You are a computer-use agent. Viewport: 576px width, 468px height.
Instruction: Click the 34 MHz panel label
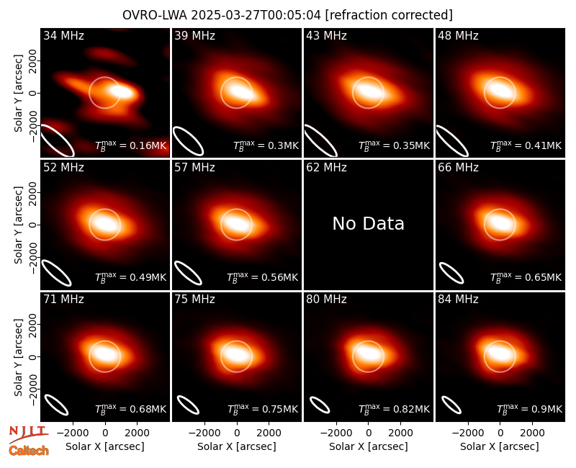point(63,35)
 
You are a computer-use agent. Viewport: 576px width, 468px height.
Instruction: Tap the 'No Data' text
point(368,224)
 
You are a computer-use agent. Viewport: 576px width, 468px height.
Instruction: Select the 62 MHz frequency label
point(326,168)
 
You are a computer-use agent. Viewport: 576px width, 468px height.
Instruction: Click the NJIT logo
point(28,434)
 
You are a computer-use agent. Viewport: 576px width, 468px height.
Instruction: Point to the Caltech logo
point(29,451)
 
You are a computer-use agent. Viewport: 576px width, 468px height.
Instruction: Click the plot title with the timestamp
point(287,15)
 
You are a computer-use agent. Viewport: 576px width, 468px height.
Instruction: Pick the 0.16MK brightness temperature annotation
point(131,145)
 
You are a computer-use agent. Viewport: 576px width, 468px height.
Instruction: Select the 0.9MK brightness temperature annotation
point(529,409)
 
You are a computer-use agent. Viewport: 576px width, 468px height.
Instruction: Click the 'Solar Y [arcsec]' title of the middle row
point(18,225)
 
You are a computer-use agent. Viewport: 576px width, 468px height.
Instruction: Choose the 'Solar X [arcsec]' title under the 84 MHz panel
point(500,446)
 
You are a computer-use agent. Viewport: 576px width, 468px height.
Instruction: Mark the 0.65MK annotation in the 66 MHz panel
point(526,277)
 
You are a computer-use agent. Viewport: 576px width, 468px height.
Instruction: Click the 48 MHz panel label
point(458,35)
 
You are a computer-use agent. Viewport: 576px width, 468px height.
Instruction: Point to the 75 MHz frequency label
point(194,300)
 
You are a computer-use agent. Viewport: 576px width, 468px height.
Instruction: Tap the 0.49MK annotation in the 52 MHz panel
point(131,277)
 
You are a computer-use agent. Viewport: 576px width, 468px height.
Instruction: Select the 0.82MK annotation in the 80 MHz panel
point(394,409)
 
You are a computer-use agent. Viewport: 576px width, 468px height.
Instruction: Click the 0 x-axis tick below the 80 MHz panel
point(369,433)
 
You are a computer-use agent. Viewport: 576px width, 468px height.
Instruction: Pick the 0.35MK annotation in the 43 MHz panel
point(394,145)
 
